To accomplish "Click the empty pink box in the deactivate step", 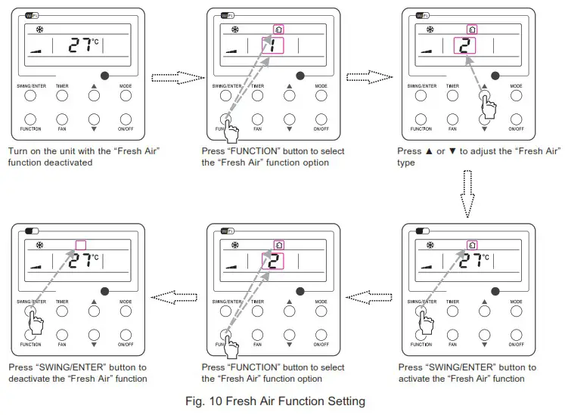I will tap(80, 245).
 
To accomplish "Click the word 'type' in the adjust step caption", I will tap(406, 163).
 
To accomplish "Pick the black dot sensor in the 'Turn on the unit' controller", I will tap(104, 76).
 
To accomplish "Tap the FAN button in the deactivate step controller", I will tap(61, 333).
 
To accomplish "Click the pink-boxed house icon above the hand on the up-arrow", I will tap(473, 29).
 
